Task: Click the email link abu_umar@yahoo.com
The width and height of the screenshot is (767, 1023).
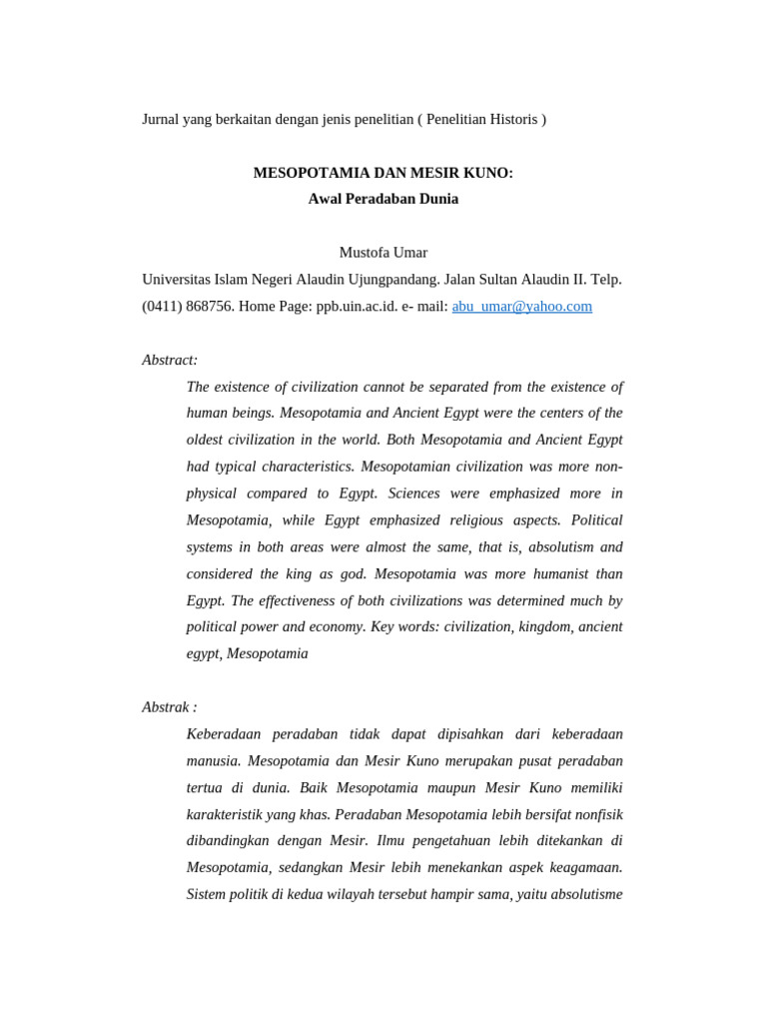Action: [x=521, y=307]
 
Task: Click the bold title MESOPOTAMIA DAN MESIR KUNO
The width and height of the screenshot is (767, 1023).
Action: [x=383, y=173]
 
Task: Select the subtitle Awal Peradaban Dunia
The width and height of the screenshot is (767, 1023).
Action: [x=383, y=199]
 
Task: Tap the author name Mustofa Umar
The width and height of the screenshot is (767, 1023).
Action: [x=383, y=253]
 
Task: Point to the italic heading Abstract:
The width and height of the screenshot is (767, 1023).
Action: [x=170, y=360]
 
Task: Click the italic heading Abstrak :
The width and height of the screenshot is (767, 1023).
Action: [x=170, y=707]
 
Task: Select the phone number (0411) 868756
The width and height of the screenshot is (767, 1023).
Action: [x=188, y=307]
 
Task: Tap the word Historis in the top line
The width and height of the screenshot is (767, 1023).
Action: [x=511, y=120]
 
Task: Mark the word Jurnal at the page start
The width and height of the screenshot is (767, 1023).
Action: [x=163, y=120]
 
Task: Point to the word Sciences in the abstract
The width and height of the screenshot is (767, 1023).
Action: [x=418, y=494]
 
